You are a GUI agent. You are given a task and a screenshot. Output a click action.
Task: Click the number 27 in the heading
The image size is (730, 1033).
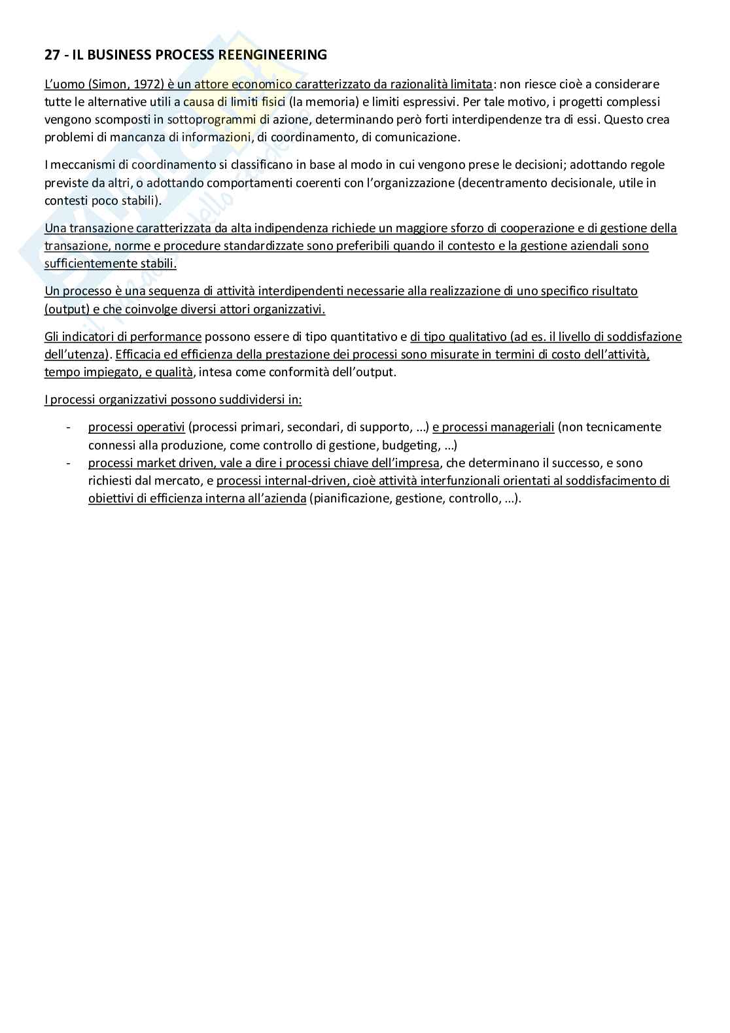click(52, 55)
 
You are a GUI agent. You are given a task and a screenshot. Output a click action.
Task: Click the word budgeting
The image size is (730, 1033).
click(411, 446)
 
